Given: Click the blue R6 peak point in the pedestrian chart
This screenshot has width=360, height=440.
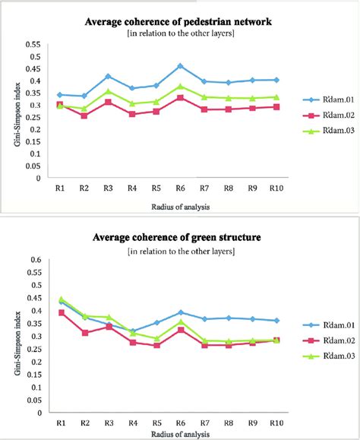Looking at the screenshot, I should tap(180, 66).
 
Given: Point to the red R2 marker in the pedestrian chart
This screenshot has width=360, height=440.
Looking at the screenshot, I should tap(84, 116).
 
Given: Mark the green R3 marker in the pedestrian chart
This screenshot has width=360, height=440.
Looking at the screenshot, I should tap(109, 91).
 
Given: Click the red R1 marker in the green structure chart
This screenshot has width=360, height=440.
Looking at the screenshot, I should tap(62, 312).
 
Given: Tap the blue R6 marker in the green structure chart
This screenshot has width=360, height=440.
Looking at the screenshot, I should tap(180, 312).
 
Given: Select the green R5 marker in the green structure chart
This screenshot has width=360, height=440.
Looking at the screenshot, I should tap(156, 339).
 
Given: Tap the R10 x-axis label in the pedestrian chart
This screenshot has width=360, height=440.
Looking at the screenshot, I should tap(276, 188).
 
